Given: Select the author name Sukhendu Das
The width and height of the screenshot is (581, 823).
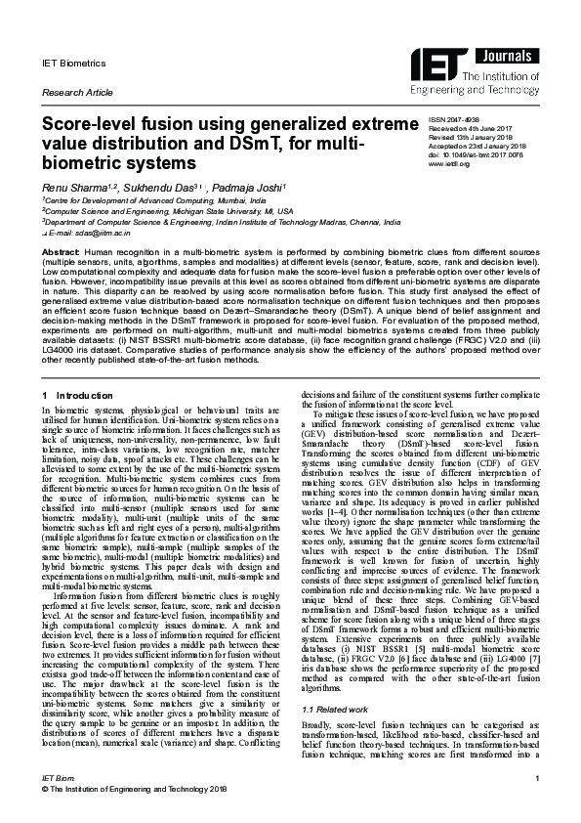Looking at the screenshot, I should [157, 186].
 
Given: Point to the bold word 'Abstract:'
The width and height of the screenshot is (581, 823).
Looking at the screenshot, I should [61, 252].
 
